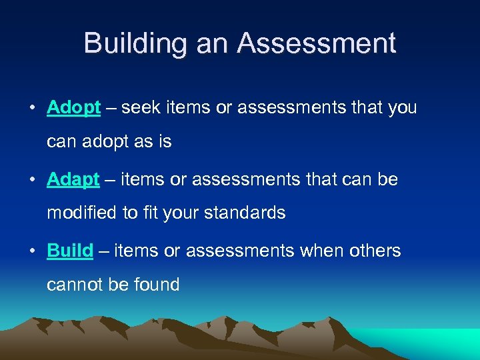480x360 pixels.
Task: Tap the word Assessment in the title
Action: (x=317, y=43)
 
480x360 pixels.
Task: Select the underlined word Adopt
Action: (x=74, y=108)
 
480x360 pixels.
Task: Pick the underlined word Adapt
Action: (x=73, y=180)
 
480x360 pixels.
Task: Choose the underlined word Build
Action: (x=70, y=251)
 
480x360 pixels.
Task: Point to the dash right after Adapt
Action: (x=107, y=180)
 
